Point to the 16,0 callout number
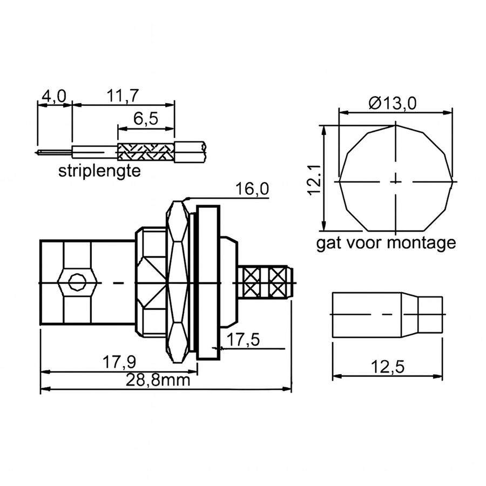252,189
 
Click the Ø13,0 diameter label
393,103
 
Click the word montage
422,243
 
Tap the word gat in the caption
328,243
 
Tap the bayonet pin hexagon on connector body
78,282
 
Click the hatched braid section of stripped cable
146,152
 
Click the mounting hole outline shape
396,178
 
